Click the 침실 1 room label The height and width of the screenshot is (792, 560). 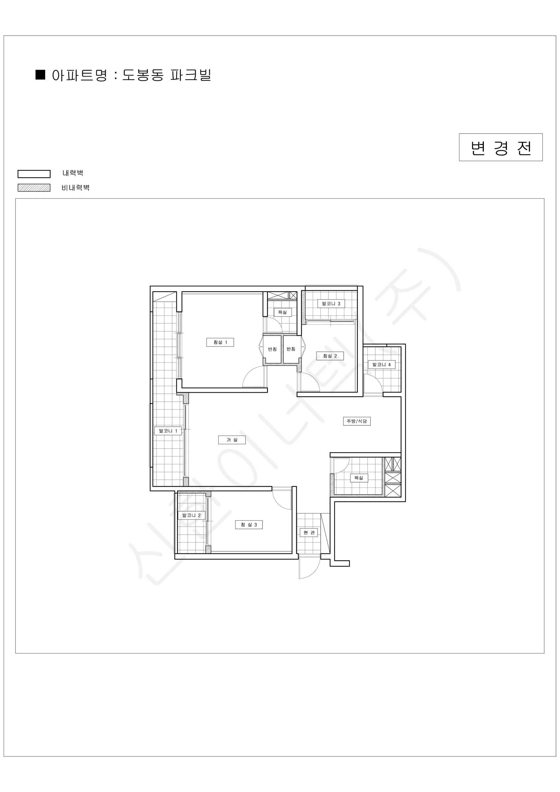tap(220, 342)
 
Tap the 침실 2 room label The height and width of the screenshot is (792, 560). tap(330, 356)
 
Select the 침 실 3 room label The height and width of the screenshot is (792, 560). tap(249, 525)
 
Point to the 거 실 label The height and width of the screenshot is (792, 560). tap(232, 440)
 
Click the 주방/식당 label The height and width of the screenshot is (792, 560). tap(357, 421)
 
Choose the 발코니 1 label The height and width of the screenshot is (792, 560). tap(168, 431)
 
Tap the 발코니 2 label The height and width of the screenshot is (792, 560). tap(191, 515)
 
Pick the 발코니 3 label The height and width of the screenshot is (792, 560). tap(331, 304)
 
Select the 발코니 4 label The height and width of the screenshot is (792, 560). tap(382, 365)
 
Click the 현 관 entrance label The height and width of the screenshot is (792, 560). tap(309, 533)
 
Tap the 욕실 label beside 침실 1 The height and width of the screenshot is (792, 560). tap(282, 312)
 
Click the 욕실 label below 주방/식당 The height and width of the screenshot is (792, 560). tap(358, 478)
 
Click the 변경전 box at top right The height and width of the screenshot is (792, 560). tap(501, 147)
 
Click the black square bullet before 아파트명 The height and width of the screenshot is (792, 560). tap(40, 75)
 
